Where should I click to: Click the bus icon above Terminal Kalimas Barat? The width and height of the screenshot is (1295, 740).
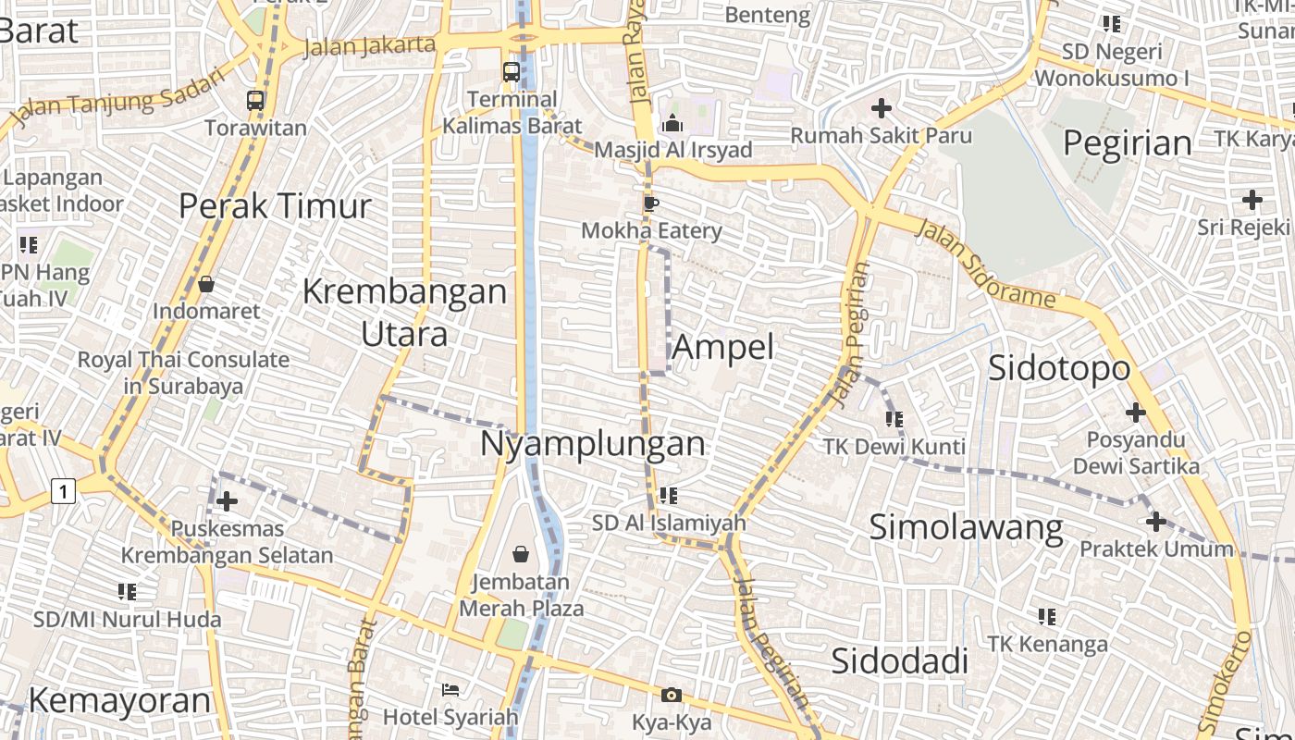tap(511, 71)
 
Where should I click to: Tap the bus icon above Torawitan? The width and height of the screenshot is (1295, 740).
tap(255, 101)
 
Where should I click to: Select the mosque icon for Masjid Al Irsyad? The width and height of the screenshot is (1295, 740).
tap(672, 123)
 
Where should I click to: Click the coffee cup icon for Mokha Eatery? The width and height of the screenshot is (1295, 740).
tap(651, 203)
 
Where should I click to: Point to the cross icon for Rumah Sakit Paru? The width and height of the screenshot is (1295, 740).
tap(881, 109)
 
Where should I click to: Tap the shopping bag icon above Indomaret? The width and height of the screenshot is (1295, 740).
tap(206, 284)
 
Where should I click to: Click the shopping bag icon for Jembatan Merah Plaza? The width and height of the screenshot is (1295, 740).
tap(521, 554)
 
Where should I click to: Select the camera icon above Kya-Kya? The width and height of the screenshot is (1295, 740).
tap(672, 695)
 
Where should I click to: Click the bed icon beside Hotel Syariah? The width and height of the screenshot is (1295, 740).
tap(450, 690)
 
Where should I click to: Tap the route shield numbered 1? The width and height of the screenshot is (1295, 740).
tap(63, 490)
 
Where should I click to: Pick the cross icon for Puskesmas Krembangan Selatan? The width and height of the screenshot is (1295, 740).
tap(227, 501)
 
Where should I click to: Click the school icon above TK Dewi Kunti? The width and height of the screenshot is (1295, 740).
tap(894, 419)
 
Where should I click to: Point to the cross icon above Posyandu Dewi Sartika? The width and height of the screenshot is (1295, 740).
tap(1135, 413)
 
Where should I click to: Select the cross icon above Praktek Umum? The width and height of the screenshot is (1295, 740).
tap(1155, 523)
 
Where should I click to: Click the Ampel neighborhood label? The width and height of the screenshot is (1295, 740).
tap(722, 348)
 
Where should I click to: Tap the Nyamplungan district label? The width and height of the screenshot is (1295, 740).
tap(592, 444)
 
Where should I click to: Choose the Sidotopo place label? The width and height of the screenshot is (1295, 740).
tap(1059, 368)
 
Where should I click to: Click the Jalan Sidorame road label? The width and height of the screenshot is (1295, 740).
tap(985, 264)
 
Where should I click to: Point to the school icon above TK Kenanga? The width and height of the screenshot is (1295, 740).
tap(1047, 616)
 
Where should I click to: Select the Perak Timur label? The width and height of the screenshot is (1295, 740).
tap(275, 205)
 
